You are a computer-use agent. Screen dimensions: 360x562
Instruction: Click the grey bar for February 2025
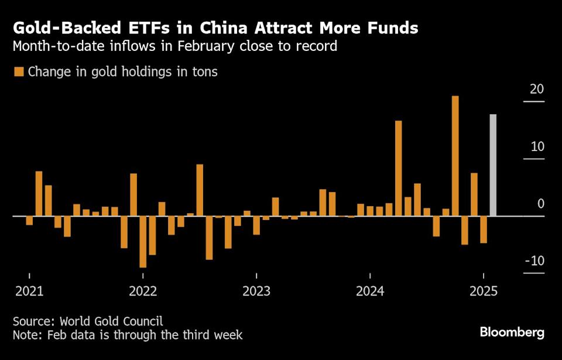click(x=493, y=165)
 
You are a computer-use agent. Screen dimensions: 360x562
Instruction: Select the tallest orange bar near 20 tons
click(x=455, y=156)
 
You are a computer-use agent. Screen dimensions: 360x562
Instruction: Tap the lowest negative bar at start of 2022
click(x=143, y=242)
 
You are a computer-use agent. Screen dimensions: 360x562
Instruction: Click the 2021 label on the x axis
click(x=29, y=291)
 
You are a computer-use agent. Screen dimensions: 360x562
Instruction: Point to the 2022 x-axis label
click(x=143, y=291)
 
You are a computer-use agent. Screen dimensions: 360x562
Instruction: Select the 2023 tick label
click(x=256, y=291)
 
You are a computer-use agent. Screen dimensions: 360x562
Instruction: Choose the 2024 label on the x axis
click(x=370, y=291)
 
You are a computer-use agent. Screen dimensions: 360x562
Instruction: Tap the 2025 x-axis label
click(x=484, y=291)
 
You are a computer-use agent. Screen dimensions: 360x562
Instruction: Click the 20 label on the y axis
click(x=537, y=90)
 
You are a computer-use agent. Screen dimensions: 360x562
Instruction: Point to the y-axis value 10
click(x=537, y=147)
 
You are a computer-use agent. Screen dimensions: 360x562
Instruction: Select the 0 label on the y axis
click(x=540, y=204)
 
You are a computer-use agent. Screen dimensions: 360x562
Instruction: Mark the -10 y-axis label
click(x=534, y=261)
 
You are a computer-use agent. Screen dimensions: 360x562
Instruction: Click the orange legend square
click(x=18, y=72)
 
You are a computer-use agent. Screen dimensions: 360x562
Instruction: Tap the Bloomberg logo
click(x=512, y=332)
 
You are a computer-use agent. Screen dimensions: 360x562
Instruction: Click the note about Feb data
click(x=127, y=335)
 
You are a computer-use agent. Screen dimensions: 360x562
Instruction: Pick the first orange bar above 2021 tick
click(x=29, y=221)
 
